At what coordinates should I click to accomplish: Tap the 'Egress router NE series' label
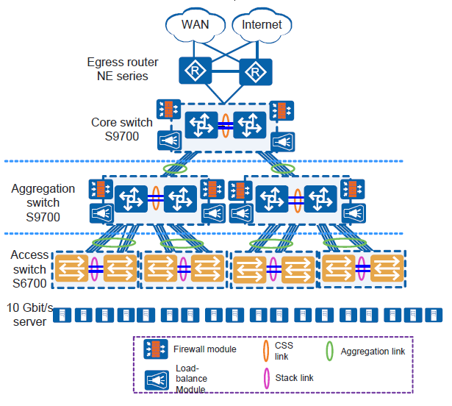(x=118, y=68)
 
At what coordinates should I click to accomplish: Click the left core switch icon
(x=201, y=127)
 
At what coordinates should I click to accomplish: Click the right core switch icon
(x=248, y=127)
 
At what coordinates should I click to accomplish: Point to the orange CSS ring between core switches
(x=226, y=127)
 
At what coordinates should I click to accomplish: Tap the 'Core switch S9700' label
(x=122, y=129)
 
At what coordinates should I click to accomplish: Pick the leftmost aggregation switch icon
(x=133, y=199)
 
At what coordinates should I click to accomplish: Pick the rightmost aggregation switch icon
(x=320, y=199)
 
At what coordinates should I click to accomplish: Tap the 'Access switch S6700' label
(x=30, y=269)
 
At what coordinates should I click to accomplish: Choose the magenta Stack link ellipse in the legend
(x=266, y=379)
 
